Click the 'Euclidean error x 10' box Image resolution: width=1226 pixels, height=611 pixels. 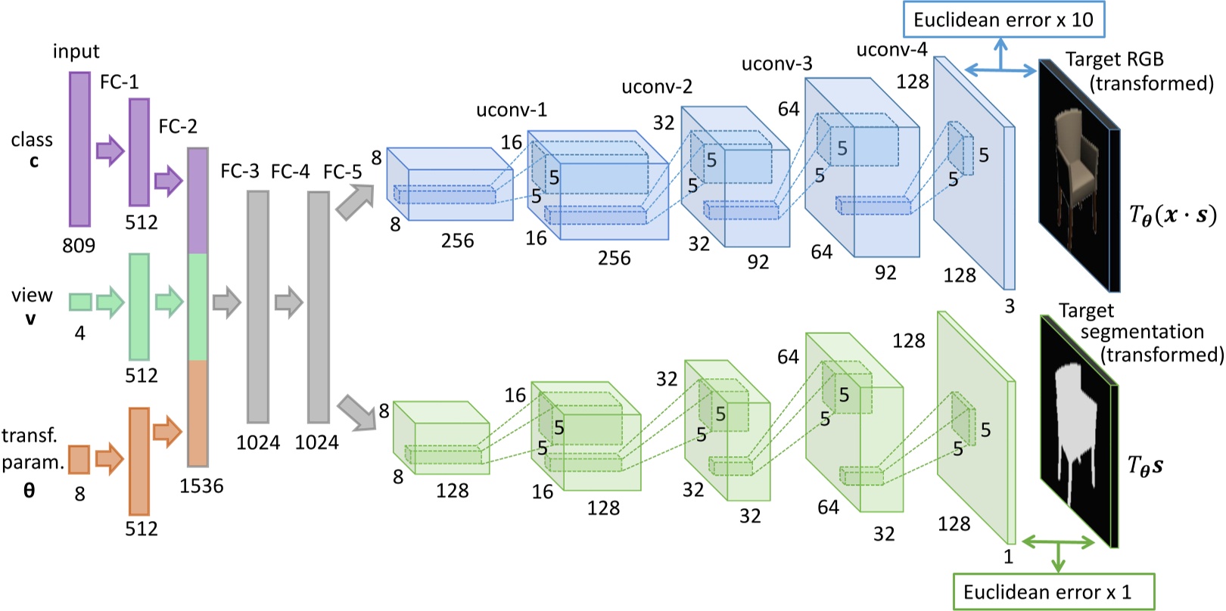click(x=1003, y=20)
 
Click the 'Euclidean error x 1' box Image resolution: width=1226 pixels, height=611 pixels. click(x=1053, y=591)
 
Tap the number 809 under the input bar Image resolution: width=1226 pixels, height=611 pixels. click(x=79, y=245)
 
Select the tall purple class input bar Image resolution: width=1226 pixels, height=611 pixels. click(x=79, y=149)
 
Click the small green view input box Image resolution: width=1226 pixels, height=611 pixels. click(x=80, y=302)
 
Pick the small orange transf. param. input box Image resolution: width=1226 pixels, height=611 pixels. click(x=79, y=459)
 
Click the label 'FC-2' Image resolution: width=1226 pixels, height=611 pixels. click(x=178, y=126)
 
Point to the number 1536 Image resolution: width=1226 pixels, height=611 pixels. click(x=201, y=486)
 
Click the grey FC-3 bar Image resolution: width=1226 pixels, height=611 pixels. click(x=258, y=306)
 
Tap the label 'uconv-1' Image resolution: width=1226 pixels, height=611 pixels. click(x=512, y=110)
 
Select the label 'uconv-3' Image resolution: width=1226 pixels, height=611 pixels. click(x=776, y=64)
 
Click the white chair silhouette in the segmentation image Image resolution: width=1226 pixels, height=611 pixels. click(x=1075, y=423)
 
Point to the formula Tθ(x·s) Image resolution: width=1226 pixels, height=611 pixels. click(x=1172, y=216)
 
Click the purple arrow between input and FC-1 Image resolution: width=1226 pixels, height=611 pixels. click(x=110, y=150)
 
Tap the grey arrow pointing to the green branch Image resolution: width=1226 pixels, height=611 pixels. click(x=356, y=411)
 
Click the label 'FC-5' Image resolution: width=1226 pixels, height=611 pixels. click(x=342, y=172)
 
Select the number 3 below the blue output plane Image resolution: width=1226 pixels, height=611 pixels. click(x=1009, y=306)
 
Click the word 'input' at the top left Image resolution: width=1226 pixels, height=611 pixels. click(x=76, y=51)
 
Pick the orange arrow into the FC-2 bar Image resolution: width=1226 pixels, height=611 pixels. click(x=167, y=431)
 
